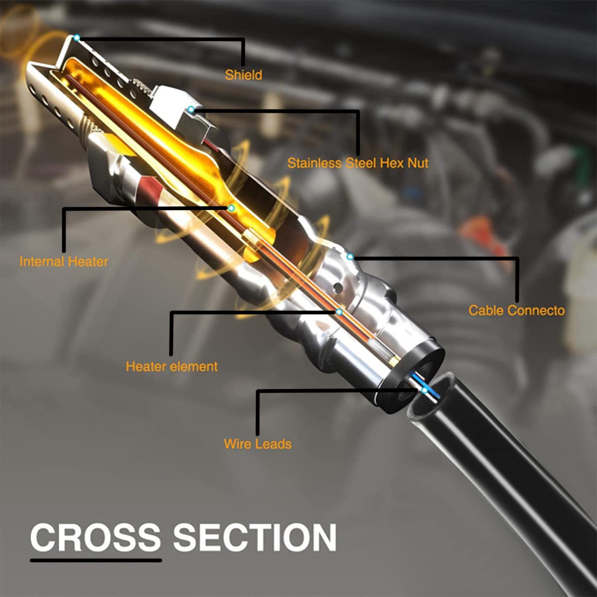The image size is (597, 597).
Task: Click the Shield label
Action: pos(243,75)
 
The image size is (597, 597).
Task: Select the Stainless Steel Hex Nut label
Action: pos(357,163)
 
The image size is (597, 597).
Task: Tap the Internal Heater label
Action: pos(64,262)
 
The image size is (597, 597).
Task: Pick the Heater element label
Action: pos(172,366)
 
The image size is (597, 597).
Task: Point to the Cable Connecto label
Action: pos(516,310)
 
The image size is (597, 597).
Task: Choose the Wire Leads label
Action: pos(257,444)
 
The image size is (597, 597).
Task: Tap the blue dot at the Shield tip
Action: pos(77,38)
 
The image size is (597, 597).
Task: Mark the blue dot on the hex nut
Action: pos(191,109)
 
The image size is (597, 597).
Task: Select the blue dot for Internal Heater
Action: pos(231,208)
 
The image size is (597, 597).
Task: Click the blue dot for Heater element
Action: pos(339,312)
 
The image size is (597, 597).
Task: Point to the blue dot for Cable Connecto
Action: pos(350,257)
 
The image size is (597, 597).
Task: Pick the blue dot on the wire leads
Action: pos(425,390)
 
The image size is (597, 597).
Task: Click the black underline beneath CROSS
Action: pos(96,560)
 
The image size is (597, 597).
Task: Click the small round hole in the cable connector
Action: pos(338,287)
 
